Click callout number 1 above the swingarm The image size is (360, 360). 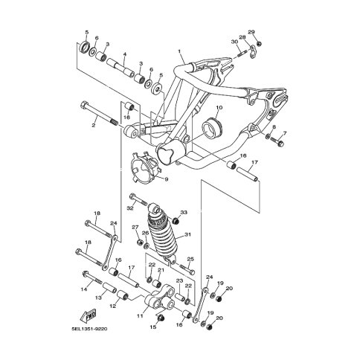coord(179,51)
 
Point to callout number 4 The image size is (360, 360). coord(124,54)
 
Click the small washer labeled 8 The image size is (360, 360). coord(268,136)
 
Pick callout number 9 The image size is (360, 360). coord(166,179)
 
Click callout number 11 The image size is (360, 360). coord(140,316)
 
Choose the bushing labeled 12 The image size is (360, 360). coord(123,295)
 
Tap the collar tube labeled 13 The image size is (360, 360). coord(109,288)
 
